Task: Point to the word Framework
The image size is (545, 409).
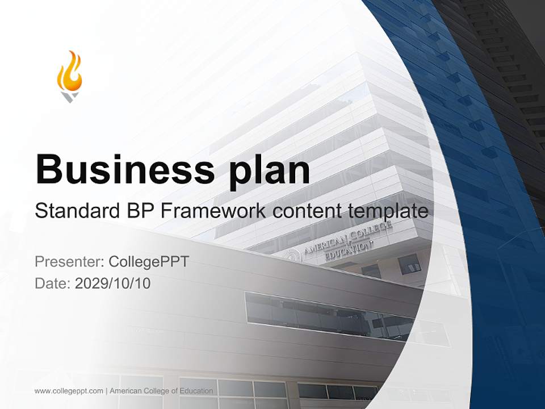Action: point(213,211)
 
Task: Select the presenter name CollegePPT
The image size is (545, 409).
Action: point(149,262)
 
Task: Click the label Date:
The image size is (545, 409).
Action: point(53,283)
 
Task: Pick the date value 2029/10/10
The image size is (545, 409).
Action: point(113,283)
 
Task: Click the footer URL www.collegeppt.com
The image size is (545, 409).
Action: point(69,391)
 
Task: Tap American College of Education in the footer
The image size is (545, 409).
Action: point(161,391)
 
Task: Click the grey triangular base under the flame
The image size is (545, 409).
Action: point(69,97)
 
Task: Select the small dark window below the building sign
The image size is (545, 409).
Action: point(409,264)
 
